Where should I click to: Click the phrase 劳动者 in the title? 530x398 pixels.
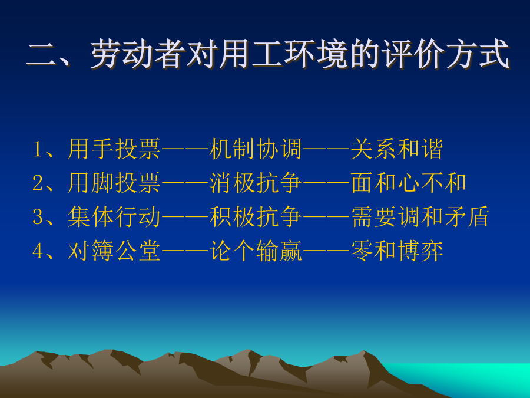(x=138, y=54)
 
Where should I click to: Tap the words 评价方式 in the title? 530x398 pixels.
(x=446, y=54)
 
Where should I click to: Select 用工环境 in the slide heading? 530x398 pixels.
(x=283, y=54)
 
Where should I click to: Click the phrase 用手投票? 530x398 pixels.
(x=114, y=149)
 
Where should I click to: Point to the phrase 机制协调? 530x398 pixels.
(x=255, y=149)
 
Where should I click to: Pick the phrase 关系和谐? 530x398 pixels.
(x=397, y=149)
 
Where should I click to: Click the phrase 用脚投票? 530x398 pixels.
(x=114, y=183)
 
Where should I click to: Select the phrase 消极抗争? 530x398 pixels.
(x=255, y=183)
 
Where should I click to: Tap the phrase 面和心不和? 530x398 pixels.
(x=409, y=183)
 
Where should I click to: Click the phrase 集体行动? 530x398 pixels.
(x=114, y=216)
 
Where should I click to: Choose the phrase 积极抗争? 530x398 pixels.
(x=255, y=216)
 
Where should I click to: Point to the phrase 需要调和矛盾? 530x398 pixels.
(x=420, y=216)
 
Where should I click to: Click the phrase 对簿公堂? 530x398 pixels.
(x=114, y=251)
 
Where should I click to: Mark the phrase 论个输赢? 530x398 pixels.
(x=255, y=251)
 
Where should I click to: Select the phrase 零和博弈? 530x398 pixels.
(x=397, y=251)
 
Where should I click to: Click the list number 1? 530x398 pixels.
(x=38, y=149)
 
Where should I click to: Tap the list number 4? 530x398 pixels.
(x=38, y=251)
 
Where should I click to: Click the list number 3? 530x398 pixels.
(x=38, y=217)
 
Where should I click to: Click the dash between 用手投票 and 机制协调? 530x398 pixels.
(x=185, y=149)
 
